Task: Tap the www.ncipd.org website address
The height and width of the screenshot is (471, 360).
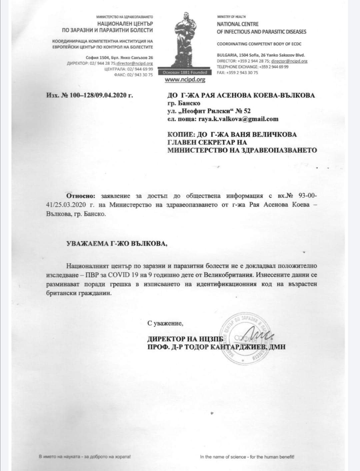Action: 185,80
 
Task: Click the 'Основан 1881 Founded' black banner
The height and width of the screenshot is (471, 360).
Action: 185,72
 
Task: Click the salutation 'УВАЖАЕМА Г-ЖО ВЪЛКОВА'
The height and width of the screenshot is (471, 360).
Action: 117,243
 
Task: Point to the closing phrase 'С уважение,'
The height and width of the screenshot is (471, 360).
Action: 166,323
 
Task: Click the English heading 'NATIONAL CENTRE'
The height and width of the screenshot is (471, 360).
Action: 238,24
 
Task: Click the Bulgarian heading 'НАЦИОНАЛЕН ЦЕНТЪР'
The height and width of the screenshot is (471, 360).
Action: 125,24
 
